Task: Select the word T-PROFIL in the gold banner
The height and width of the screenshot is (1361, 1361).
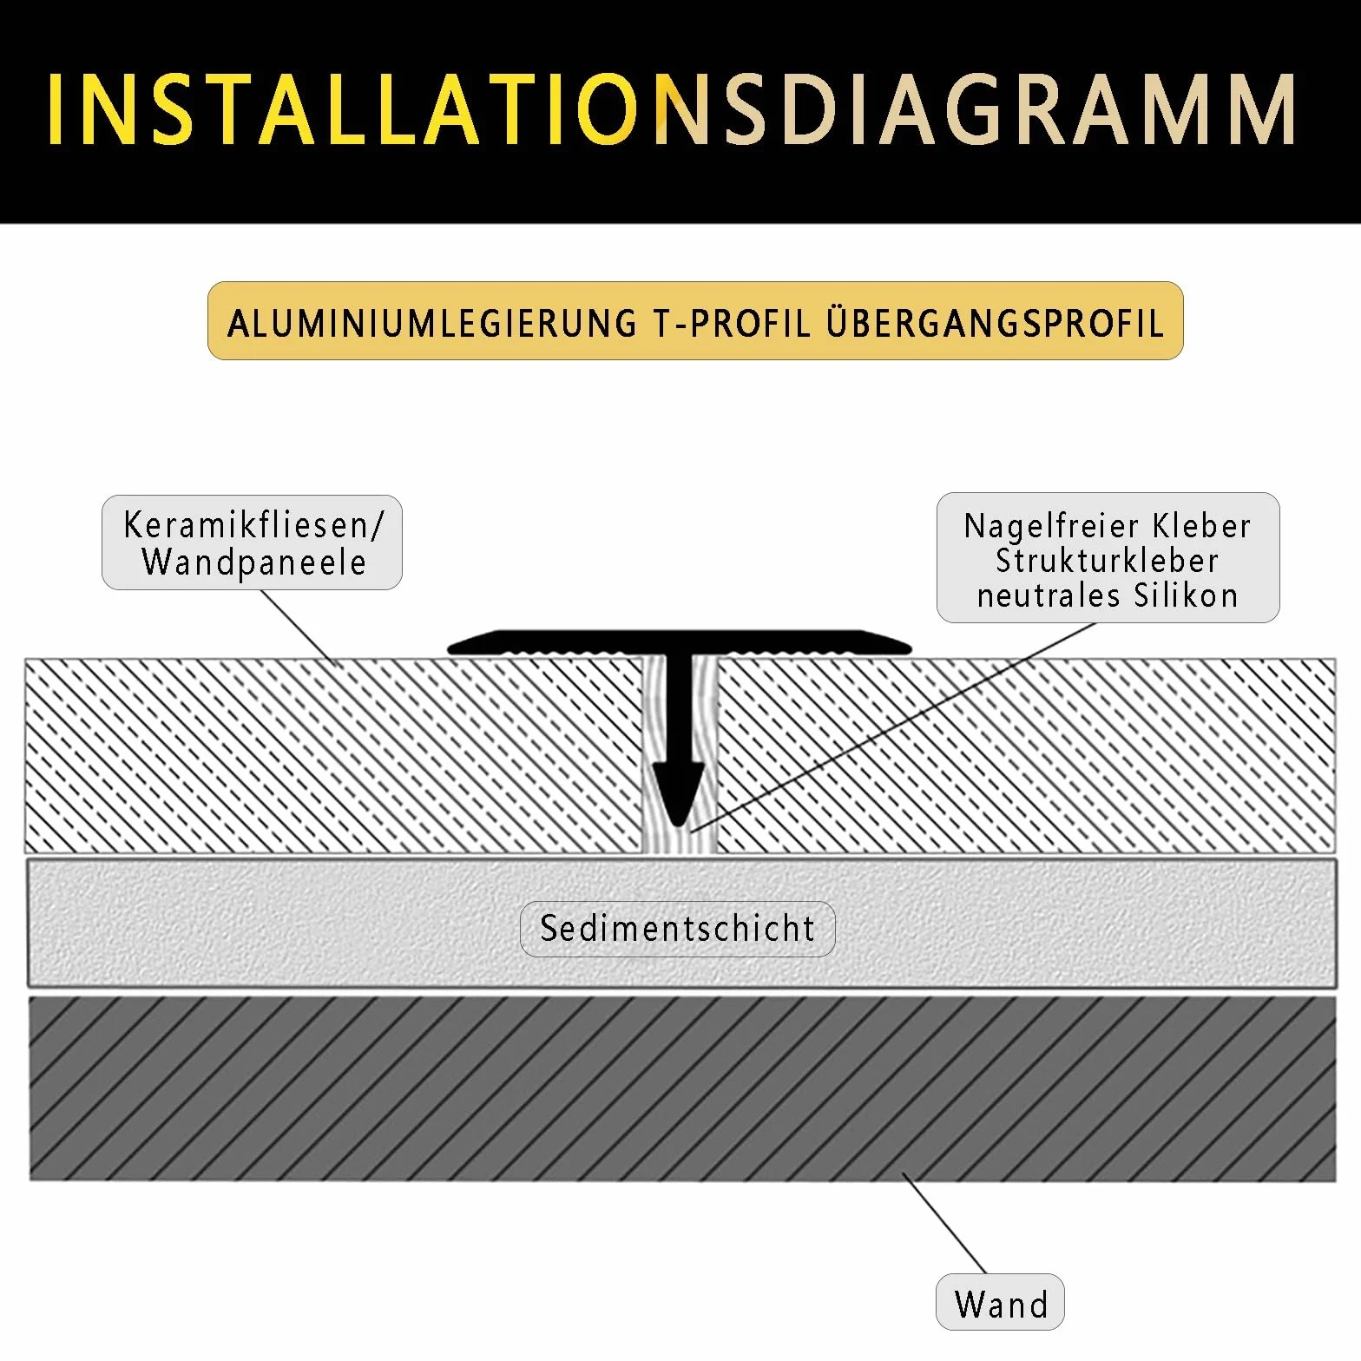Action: (x=731, y=323)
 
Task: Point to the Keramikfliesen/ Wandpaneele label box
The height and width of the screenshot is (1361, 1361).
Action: (x=252, y=542)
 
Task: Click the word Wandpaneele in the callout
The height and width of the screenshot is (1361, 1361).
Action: (x=253, y=562)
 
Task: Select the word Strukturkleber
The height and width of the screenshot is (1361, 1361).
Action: (x=1107, y=561)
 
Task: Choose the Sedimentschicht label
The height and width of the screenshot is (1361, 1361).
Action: (x=678, y=929)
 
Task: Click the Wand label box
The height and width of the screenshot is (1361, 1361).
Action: (x=1000, y=1302)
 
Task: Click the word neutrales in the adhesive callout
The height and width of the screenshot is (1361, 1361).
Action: (x=1037, y=595)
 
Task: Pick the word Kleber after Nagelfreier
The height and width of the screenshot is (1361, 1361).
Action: (x=1201, y=526)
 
